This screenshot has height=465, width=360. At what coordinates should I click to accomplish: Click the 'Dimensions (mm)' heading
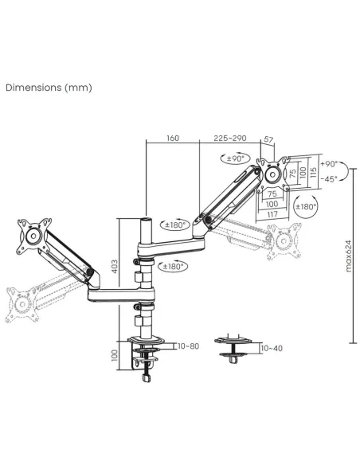click(x=49, y=88)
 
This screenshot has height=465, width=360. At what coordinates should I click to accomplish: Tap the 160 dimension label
click(x=173, y=138)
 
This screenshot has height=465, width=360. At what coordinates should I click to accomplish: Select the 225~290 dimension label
click(x=230, y=138)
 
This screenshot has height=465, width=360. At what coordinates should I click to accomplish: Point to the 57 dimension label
click(x=268, y=139)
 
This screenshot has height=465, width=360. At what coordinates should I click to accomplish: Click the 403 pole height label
click(x=115, y=266)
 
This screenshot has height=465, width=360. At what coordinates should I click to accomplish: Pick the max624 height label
click(x=348, y=256)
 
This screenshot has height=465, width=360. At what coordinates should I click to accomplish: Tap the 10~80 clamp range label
click(x=189, y=346)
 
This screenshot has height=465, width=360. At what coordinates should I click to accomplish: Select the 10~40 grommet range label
click(x=272, y=348)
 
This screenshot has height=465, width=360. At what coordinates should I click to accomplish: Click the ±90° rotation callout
click(x=233, y=158)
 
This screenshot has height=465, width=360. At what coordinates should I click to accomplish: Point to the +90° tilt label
click(x=329, y=164)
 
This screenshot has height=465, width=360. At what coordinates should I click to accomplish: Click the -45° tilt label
click(x=329, y=179)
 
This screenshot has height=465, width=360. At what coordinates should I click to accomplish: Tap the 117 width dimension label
click(x=272, y=214)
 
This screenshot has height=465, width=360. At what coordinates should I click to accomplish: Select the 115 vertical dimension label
click(x=313, y=172)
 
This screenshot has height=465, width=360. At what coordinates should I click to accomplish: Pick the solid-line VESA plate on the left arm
click(x=33, y=236)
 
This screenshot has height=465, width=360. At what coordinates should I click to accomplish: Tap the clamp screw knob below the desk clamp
click(x=147, y=378)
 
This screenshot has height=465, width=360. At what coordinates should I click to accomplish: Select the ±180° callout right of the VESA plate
click(x=305, y=206)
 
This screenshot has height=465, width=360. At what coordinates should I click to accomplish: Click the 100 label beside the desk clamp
click(x=115, y=355)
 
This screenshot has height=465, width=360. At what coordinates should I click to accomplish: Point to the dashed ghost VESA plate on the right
click(x=284, y=241)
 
